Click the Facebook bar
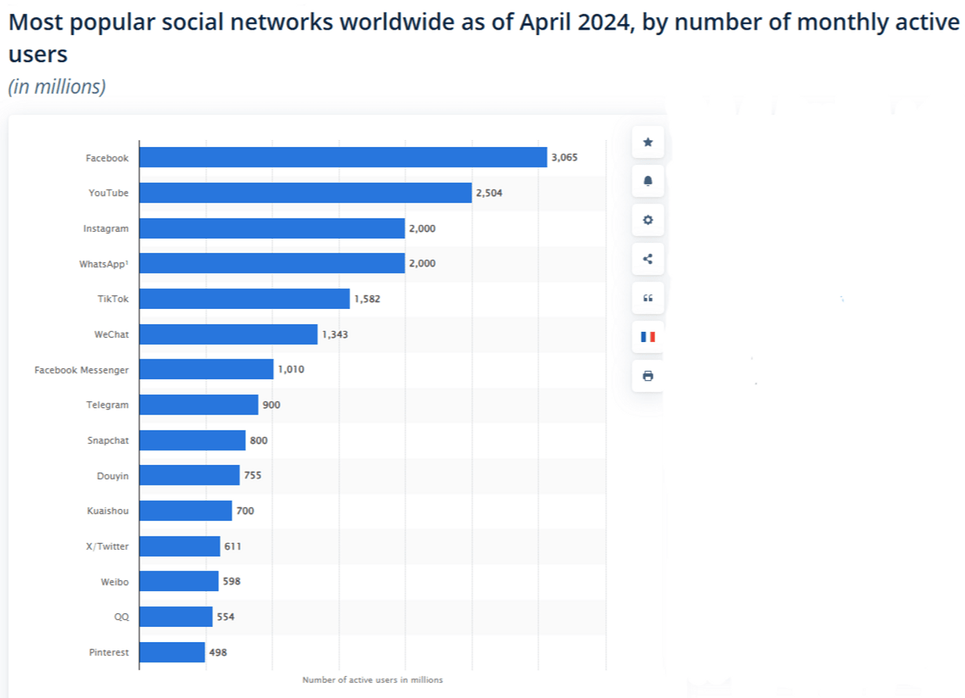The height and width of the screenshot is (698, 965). [x=343, y=157]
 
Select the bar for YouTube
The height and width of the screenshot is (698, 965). [x=305, y=192]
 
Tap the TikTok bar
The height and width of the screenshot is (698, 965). [x=244, y=299]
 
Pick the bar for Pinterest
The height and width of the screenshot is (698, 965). [x=172, y=652]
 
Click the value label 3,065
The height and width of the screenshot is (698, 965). [x=564, y=157]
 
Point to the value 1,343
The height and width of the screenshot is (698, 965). [x=335, y=335]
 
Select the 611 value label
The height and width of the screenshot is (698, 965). [x=232, y=546]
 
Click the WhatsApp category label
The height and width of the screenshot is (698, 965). [x=103, y=264]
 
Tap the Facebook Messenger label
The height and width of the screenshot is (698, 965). [x=81, y=370]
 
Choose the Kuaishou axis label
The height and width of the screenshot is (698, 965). [x=108, y=511]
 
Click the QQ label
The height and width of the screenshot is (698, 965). [x=121, y=617]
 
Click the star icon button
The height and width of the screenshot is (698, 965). [x=647, y=142]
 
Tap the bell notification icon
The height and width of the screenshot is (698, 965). [x=647, y=181]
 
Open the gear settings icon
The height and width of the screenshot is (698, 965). [x=647, y=220]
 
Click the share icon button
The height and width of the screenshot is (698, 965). [x=647, y=259]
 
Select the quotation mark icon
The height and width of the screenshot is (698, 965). [x=647, y=298]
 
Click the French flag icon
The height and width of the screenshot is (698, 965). [x=647, y=337]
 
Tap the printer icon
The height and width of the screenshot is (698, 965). [x=647, y=376]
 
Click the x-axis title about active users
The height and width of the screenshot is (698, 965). [x=372, y=680]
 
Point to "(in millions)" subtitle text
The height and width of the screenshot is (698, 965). [x=57, y=87]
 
